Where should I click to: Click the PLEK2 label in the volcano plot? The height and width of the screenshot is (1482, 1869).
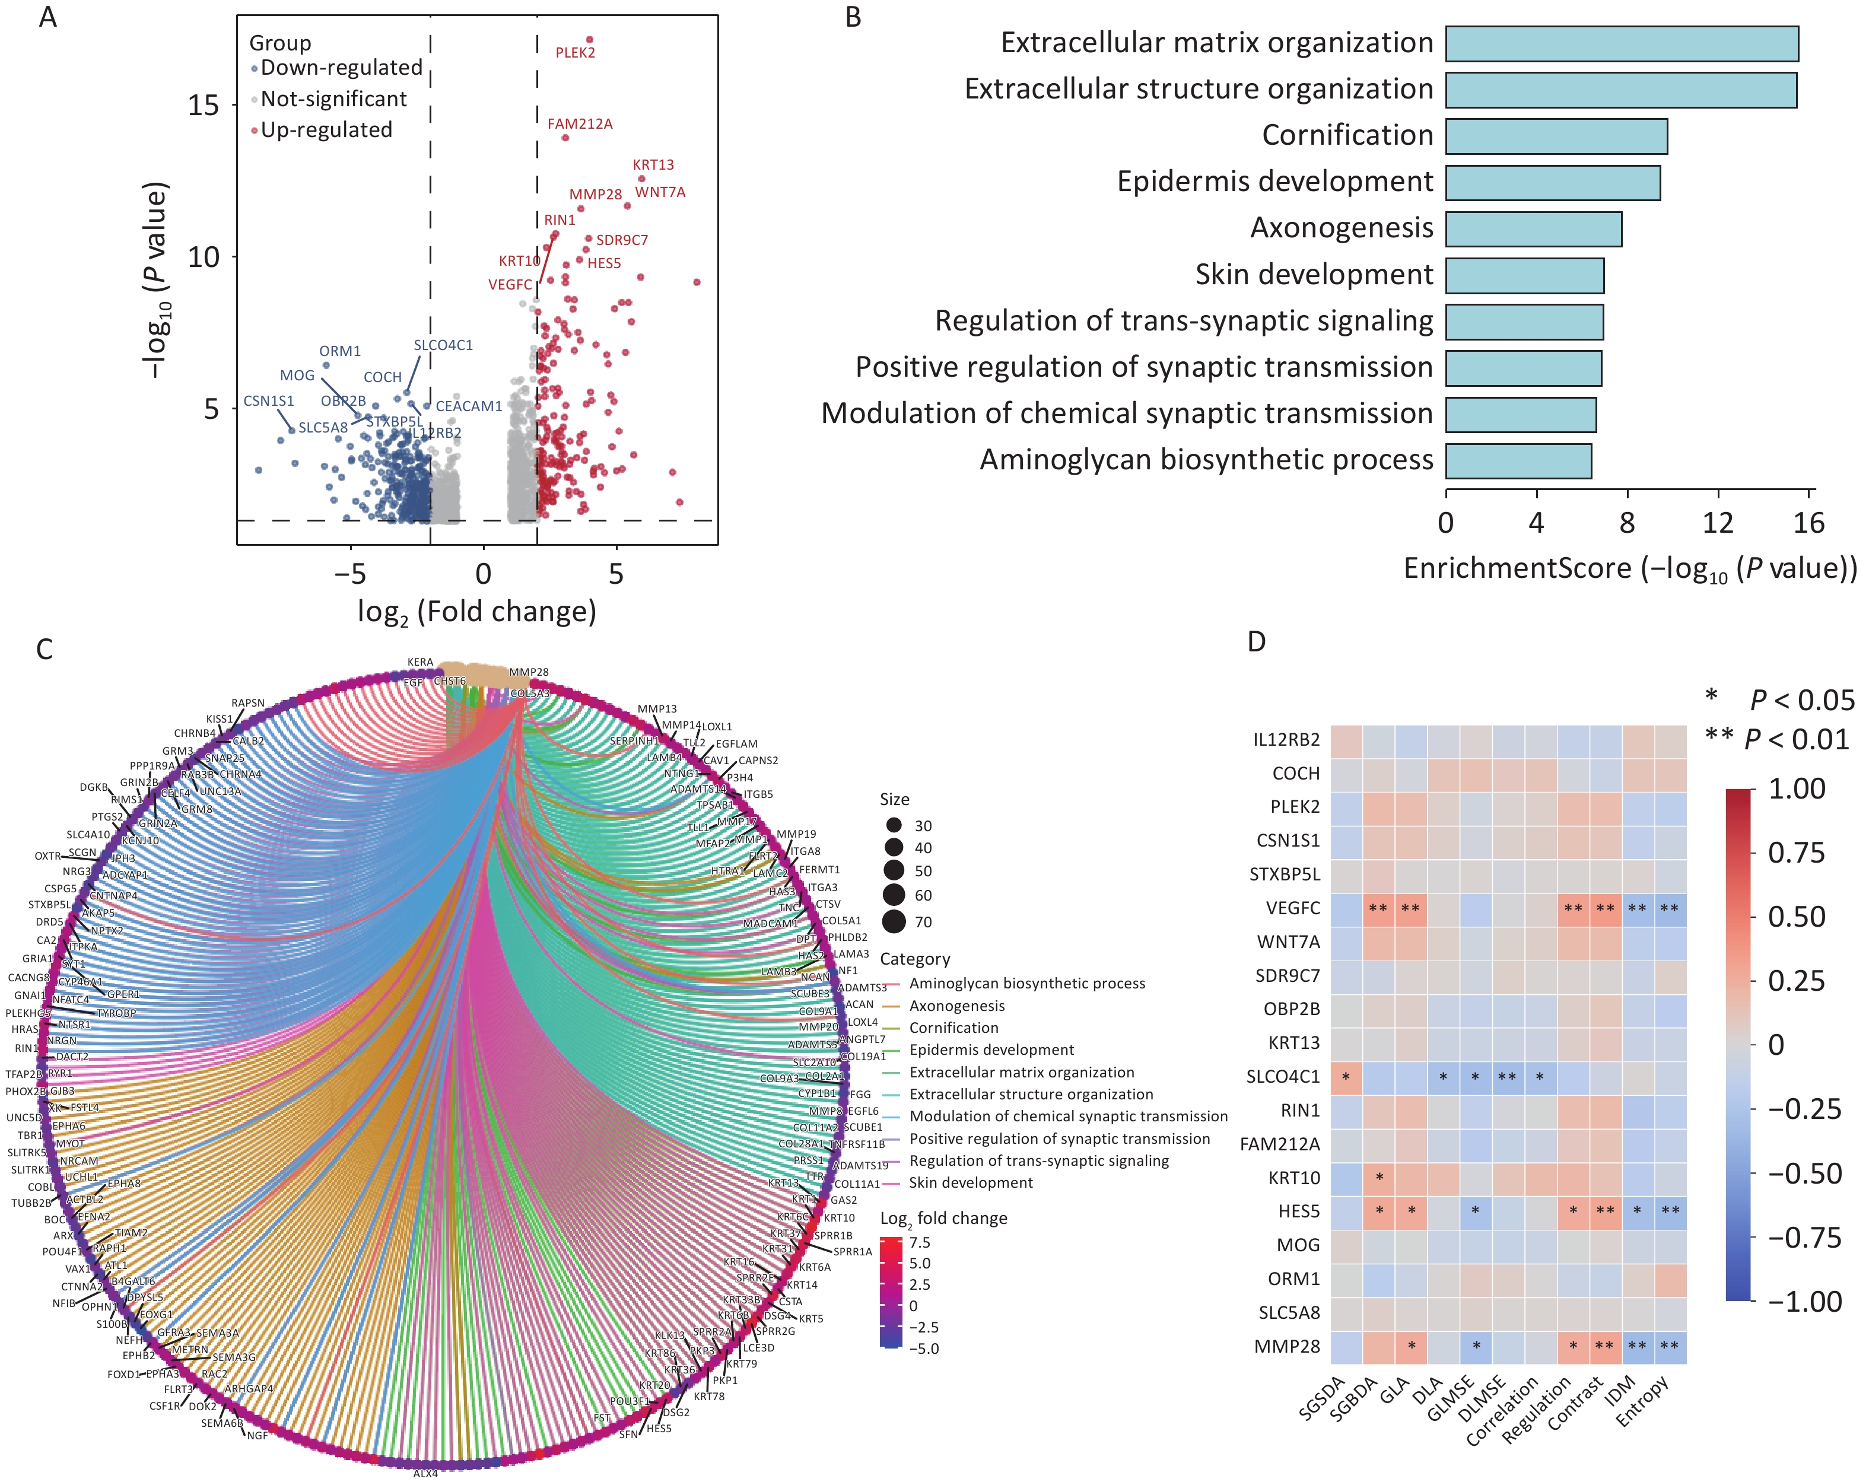[575, 53]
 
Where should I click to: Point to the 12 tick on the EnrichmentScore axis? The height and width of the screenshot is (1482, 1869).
[1717, 523]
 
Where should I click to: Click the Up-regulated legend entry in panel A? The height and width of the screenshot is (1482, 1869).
[326, 130]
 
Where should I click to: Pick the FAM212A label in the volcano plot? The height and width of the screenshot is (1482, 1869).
[579, 124]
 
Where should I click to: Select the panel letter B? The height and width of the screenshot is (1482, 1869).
[853, 17]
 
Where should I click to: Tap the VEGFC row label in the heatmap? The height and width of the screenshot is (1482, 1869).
[1292, 908]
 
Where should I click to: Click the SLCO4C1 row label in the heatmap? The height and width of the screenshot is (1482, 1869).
[1282, 1076]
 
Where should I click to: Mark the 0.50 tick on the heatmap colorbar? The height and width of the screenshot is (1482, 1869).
[1795, 916]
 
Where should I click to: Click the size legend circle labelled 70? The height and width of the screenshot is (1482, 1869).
[895, 922]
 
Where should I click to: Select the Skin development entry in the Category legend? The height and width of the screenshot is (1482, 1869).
[970, 1182]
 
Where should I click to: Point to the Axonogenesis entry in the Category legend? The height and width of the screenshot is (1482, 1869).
[956, 1006]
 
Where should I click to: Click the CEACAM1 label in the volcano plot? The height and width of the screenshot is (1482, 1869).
[468, 406]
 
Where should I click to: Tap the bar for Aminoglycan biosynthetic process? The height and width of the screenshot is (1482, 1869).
[1518, 461]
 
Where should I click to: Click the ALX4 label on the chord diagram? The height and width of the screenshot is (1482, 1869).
[425, 1473]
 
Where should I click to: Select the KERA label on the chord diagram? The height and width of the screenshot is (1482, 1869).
[421, 662]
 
